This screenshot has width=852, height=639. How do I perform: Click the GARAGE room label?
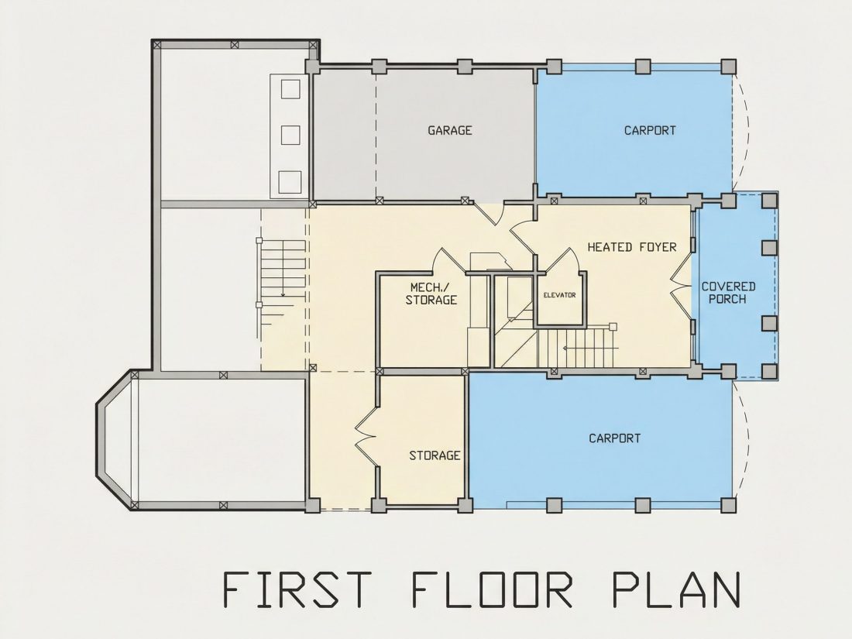pos(449,130)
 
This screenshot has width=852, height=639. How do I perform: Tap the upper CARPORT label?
pos(649,130)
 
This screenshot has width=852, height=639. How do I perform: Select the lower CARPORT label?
pos(614,438)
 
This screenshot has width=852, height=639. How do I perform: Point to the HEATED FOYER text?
pos(632,247)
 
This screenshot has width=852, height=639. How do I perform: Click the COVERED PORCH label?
pos(728,293)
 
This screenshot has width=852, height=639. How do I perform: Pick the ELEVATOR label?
pos(560,295)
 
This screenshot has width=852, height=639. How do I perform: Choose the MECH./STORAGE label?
pos(431,294)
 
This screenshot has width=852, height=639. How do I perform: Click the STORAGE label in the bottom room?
pos(435,455)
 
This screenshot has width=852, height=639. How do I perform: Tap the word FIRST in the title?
pos(297,589)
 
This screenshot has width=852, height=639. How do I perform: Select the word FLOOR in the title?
pos(492,589)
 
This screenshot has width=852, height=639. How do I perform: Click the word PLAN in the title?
pos(676,589)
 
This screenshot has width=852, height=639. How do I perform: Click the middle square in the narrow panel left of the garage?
pos(290,135)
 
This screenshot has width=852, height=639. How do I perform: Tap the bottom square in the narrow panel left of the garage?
pos(290,181)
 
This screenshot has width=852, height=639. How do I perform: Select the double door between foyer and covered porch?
pos(679,287)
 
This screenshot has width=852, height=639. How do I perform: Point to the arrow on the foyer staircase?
pos(589,348)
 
